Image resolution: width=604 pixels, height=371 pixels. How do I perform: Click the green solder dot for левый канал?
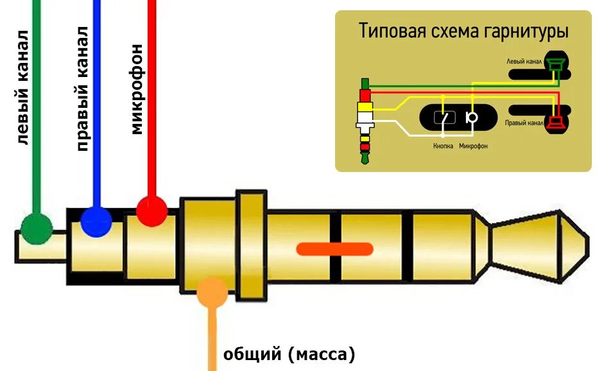tap(36, 228)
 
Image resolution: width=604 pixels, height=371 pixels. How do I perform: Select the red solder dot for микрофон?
tap(151, 211)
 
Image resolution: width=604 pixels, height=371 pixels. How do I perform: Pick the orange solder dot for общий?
tap(212, 293)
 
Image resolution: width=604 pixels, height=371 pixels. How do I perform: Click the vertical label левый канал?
tap(22, 87)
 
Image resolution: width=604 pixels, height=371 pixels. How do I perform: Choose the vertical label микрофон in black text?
tap(136, 91)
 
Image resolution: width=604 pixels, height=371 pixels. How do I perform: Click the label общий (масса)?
tap(289, 354)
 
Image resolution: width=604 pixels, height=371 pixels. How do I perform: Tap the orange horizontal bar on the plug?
tap(334, 248)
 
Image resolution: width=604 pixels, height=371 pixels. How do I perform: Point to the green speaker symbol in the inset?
tap(555, 64)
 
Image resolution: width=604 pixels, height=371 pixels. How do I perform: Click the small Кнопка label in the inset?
tap(444, 146)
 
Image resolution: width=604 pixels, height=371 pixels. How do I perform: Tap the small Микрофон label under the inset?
tap(473, 146)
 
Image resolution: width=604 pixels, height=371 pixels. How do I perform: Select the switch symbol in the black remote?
tap(444, 117)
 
